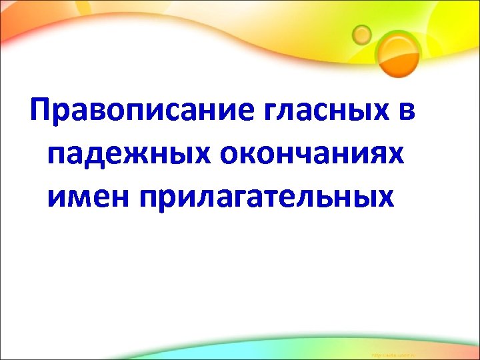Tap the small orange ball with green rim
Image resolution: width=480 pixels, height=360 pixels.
(x=362, y=33)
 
